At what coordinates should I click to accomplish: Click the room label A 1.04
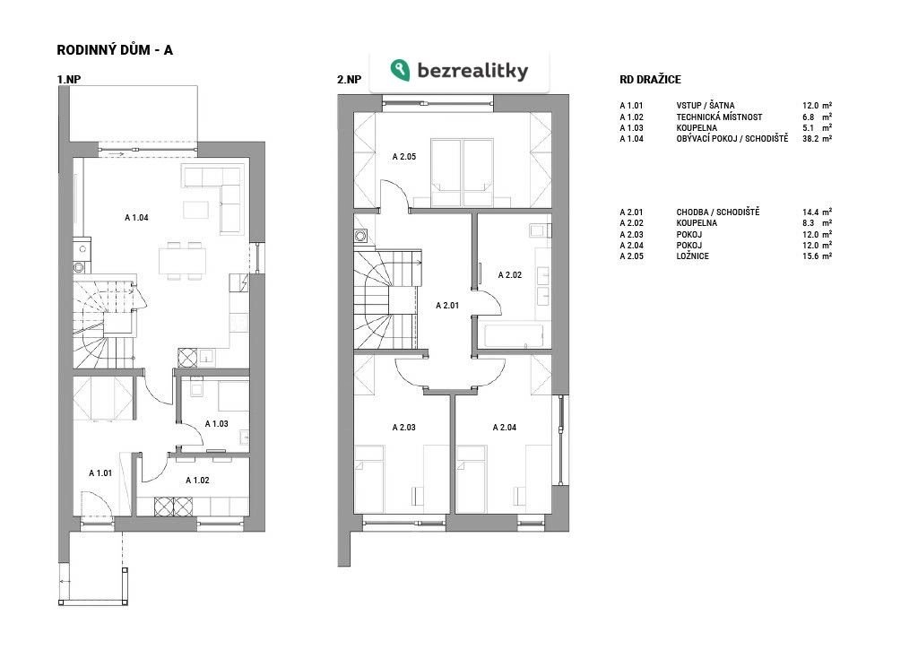[x=136, y=218]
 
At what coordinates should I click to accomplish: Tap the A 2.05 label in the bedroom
[x=404, y=157]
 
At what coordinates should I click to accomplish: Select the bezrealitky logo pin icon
[x=400, y=70]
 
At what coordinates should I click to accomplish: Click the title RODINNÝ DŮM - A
[x=115, y=50]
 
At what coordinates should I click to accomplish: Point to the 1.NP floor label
[x=68, y=80]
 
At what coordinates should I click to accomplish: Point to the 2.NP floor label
[x=349, y=80]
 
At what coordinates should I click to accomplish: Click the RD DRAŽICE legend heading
[x=650, y=80]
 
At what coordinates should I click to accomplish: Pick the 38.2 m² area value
[x=817, y=139]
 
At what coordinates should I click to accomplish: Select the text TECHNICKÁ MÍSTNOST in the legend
[x=719, y=117]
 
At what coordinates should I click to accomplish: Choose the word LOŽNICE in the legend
[x=693, y=256]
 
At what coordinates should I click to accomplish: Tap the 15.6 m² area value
[x=817, y=256]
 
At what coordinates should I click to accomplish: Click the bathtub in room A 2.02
[x=515, y=335]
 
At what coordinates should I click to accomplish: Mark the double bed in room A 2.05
[x=462, y=173]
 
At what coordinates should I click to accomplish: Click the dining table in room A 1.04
[x=182, y=261]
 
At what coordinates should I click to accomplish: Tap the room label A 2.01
[x=447, y=306]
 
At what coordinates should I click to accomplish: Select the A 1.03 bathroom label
[x=216, y=424]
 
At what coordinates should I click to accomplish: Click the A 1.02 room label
[x=197, y=481]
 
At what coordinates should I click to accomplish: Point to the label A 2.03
[x=404, y=428]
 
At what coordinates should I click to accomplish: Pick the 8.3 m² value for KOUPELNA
[x=817, y=223]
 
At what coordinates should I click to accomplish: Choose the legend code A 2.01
[x=632, y=212]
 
